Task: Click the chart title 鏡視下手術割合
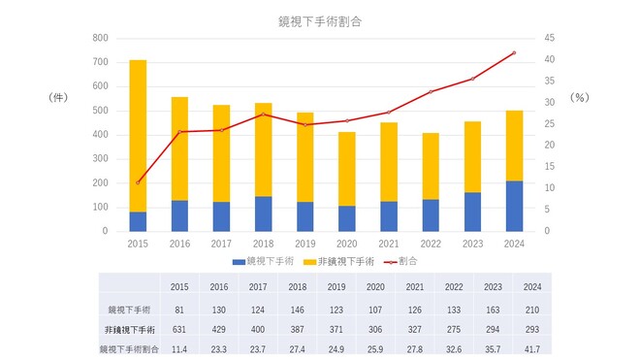319,19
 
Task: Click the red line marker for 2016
180,132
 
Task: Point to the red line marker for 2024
514,52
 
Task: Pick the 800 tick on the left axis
99,38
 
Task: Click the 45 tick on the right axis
548,38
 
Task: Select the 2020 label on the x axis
346,244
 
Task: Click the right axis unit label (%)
579,98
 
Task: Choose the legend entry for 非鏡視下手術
337,261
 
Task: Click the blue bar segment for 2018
263,213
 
